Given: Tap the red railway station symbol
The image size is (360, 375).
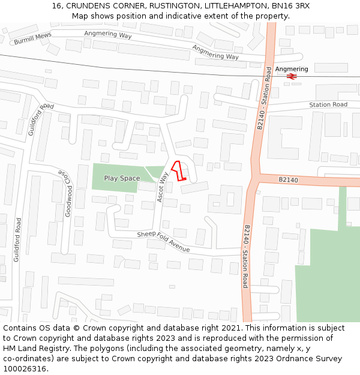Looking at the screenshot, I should click(x=291, y=77).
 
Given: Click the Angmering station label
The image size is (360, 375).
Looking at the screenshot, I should click(x=291, y=69).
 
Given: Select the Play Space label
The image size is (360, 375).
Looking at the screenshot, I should click(x=122, y=178).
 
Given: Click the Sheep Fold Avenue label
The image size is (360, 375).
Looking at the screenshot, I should click(x=163, y=242).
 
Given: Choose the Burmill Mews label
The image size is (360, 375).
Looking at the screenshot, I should click(x=32, y=39).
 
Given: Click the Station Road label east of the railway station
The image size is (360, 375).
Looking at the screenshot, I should click(x=328, y=105).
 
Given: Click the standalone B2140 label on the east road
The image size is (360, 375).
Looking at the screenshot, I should click(x=288, y=179).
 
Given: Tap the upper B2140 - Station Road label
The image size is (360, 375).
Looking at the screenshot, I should click(x=264, y=98).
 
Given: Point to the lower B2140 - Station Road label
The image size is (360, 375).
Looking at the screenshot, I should click(x=247, y=256).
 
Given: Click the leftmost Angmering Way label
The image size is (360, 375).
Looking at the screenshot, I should click(x=107, y=34).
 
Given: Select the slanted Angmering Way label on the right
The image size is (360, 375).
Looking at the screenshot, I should click(x=215, y=52).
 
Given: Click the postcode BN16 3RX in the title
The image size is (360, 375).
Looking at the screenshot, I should click(x=289, y=5).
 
